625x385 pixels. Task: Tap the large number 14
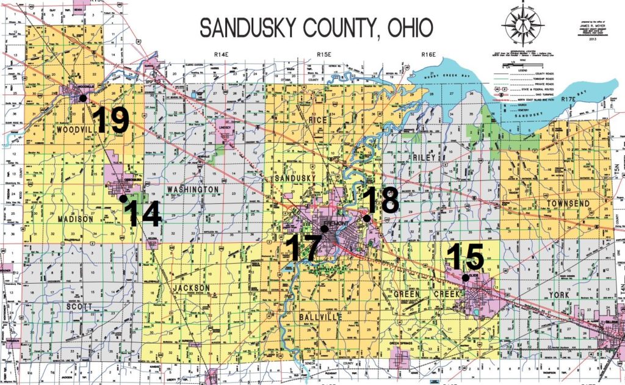click(x=144, y=214)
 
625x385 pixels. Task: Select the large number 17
click(x=303, y=248)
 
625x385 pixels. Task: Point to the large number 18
click(x=380, y=200)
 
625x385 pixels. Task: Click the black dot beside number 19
click(x=82, y=98)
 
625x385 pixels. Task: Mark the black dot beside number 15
click(x=465, y=278)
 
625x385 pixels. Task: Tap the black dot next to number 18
click(x=366, y=218)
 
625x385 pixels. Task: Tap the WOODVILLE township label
click(x=61, y=131)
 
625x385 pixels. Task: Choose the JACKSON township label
click(x=191, y=287)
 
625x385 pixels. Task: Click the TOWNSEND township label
click(x=568, y=202)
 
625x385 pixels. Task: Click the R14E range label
click(x=221, y=56)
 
